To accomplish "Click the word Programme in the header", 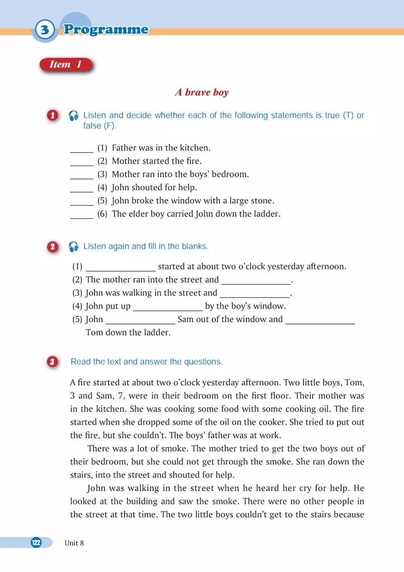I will coord(106,29).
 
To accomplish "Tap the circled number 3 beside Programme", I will coord(45,29).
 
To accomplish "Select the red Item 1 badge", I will coord(66,64).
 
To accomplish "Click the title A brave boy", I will coord(202,92).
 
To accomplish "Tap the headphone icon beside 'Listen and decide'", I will coord(74,116).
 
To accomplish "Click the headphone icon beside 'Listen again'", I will coord(74,247).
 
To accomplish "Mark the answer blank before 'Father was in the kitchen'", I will coord(82,149).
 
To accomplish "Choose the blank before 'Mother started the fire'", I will coord(82,162).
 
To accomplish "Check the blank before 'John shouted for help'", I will coord(82,189).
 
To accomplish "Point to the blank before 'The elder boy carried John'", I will coord(82,215).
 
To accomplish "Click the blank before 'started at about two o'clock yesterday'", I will coord(120,268).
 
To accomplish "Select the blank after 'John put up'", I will coord(168,307).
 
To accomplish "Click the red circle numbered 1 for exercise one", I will coord(53,115).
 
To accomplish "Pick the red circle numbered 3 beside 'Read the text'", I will coord(52,362).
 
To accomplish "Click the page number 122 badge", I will coord(36,542).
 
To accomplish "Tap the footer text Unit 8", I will coord(74,543).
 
